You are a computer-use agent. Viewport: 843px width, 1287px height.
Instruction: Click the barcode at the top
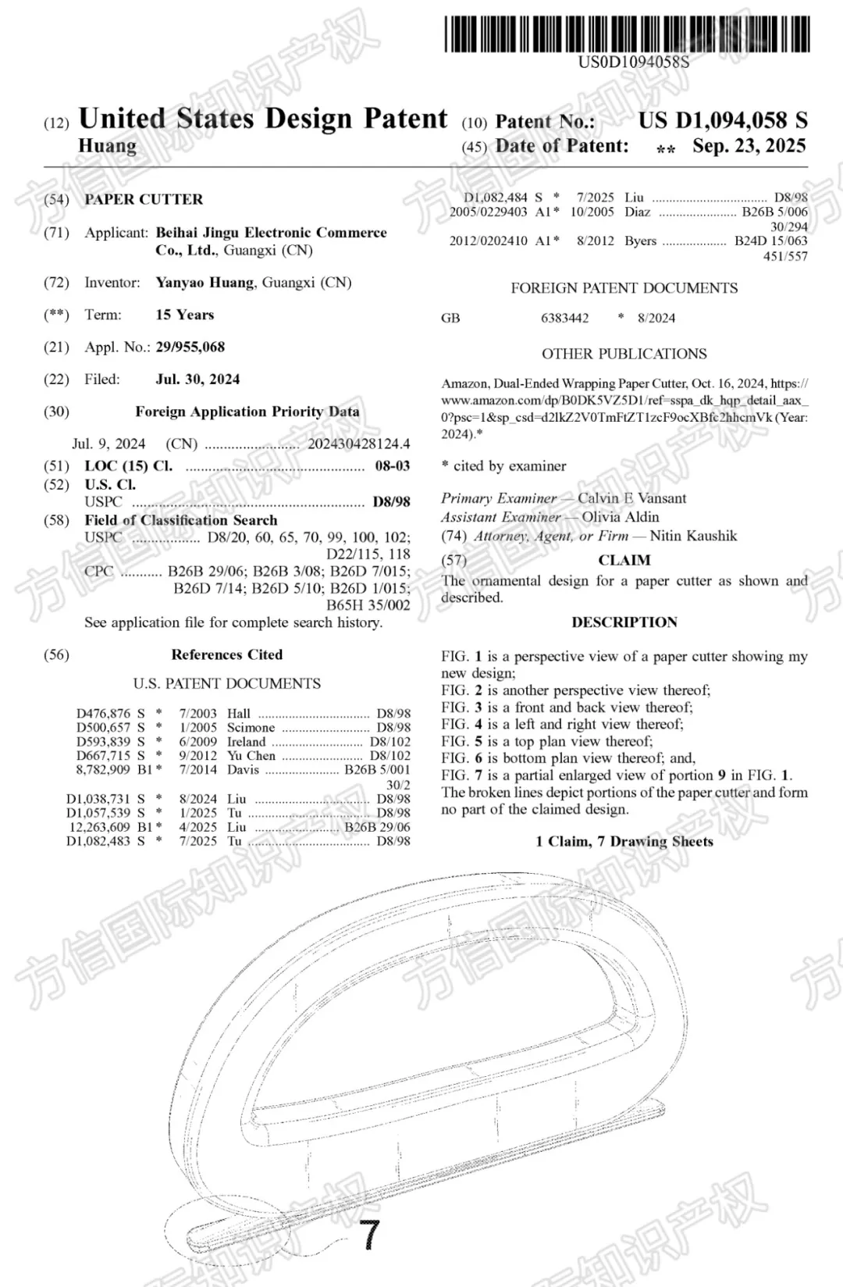click(627, 34)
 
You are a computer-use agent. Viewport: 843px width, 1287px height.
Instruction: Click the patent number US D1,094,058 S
click(723, 120)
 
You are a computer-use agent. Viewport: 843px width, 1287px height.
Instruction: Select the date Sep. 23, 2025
click(749, 146)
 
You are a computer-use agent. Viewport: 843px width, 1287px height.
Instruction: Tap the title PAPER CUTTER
click(144, 199)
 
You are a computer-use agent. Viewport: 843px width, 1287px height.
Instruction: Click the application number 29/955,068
click(190, 347)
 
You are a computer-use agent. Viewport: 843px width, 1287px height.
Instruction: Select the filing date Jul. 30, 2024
click(197, 380)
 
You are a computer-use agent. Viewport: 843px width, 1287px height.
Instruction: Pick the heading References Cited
click(227, 654)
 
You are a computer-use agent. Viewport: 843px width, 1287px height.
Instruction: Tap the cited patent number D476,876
click(103, 713)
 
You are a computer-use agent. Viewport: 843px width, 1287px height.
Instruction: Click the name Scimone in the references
click(251, 727)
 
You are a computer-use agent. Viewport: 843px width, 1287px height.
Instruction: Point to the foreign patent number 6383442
click(564, 318)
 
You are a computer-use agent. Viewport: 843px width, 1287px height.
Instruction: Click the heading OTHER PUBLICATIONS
click(624, 354)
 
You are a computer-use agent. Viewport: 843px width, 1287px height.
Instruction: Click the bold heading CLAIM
click(624, 560)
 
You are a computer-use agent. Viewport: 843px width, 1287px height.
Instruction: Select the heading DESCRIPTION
click(624, 622)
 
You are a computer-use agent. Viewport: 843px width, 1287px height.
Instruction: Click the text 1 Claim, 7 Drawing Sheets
click(624, 841)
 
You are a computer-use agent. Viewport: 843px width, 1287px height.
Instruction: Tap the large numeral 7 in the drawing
click(369, 1235)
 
